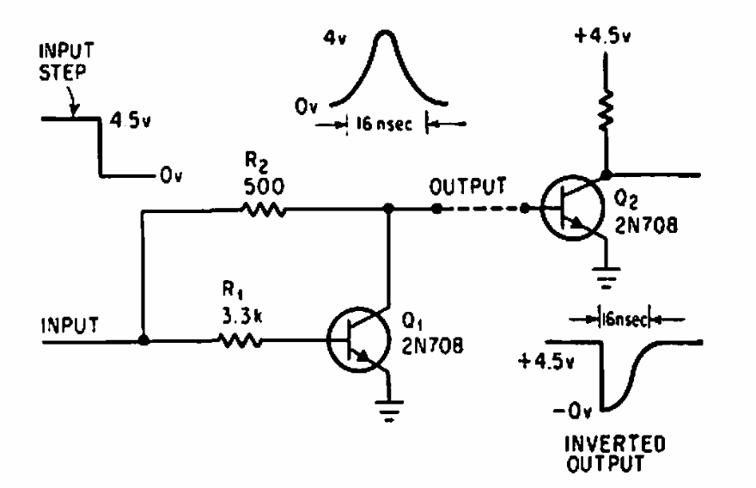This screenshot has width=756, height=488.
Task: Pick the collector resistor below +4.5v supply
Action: pyautogui.click(x=607, y=108)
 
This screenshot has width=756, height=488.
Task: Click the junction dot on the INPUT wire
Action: pyautogui.click(x=143, y=341)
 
